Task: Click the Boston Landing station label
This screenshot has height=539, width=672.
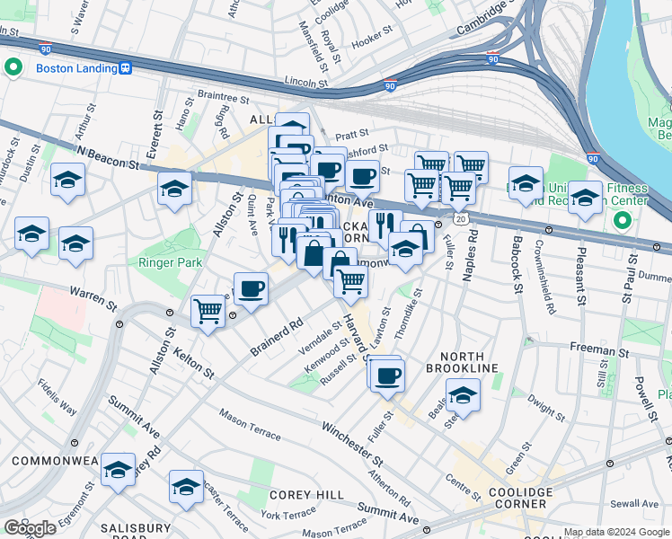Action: point(76,67)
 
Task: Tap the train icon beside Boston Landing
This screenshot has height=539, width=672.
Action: point(128,67)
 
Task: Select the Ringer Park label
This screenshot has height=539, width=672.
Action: point(170,262)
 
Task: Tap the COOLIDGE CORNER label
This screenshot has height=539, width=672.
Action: point(521,499)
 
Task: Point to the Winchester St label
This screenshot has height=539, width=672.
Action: point(352,444)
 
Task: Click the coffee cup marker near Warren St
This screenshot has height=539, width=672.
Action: point(252,289)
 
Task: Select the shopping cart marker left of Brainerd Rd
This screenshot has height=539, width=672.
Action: point(208,312)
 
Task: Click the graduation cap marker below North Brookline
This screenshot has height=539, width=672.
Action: point(463,394)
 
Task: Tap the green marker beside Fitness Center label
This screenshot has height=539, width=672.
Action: point(621,220)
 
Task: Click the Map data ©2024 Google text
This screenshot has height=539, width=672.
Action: point(615,532)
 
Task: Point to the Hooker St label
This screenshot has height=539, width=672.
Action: point(374,42)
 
